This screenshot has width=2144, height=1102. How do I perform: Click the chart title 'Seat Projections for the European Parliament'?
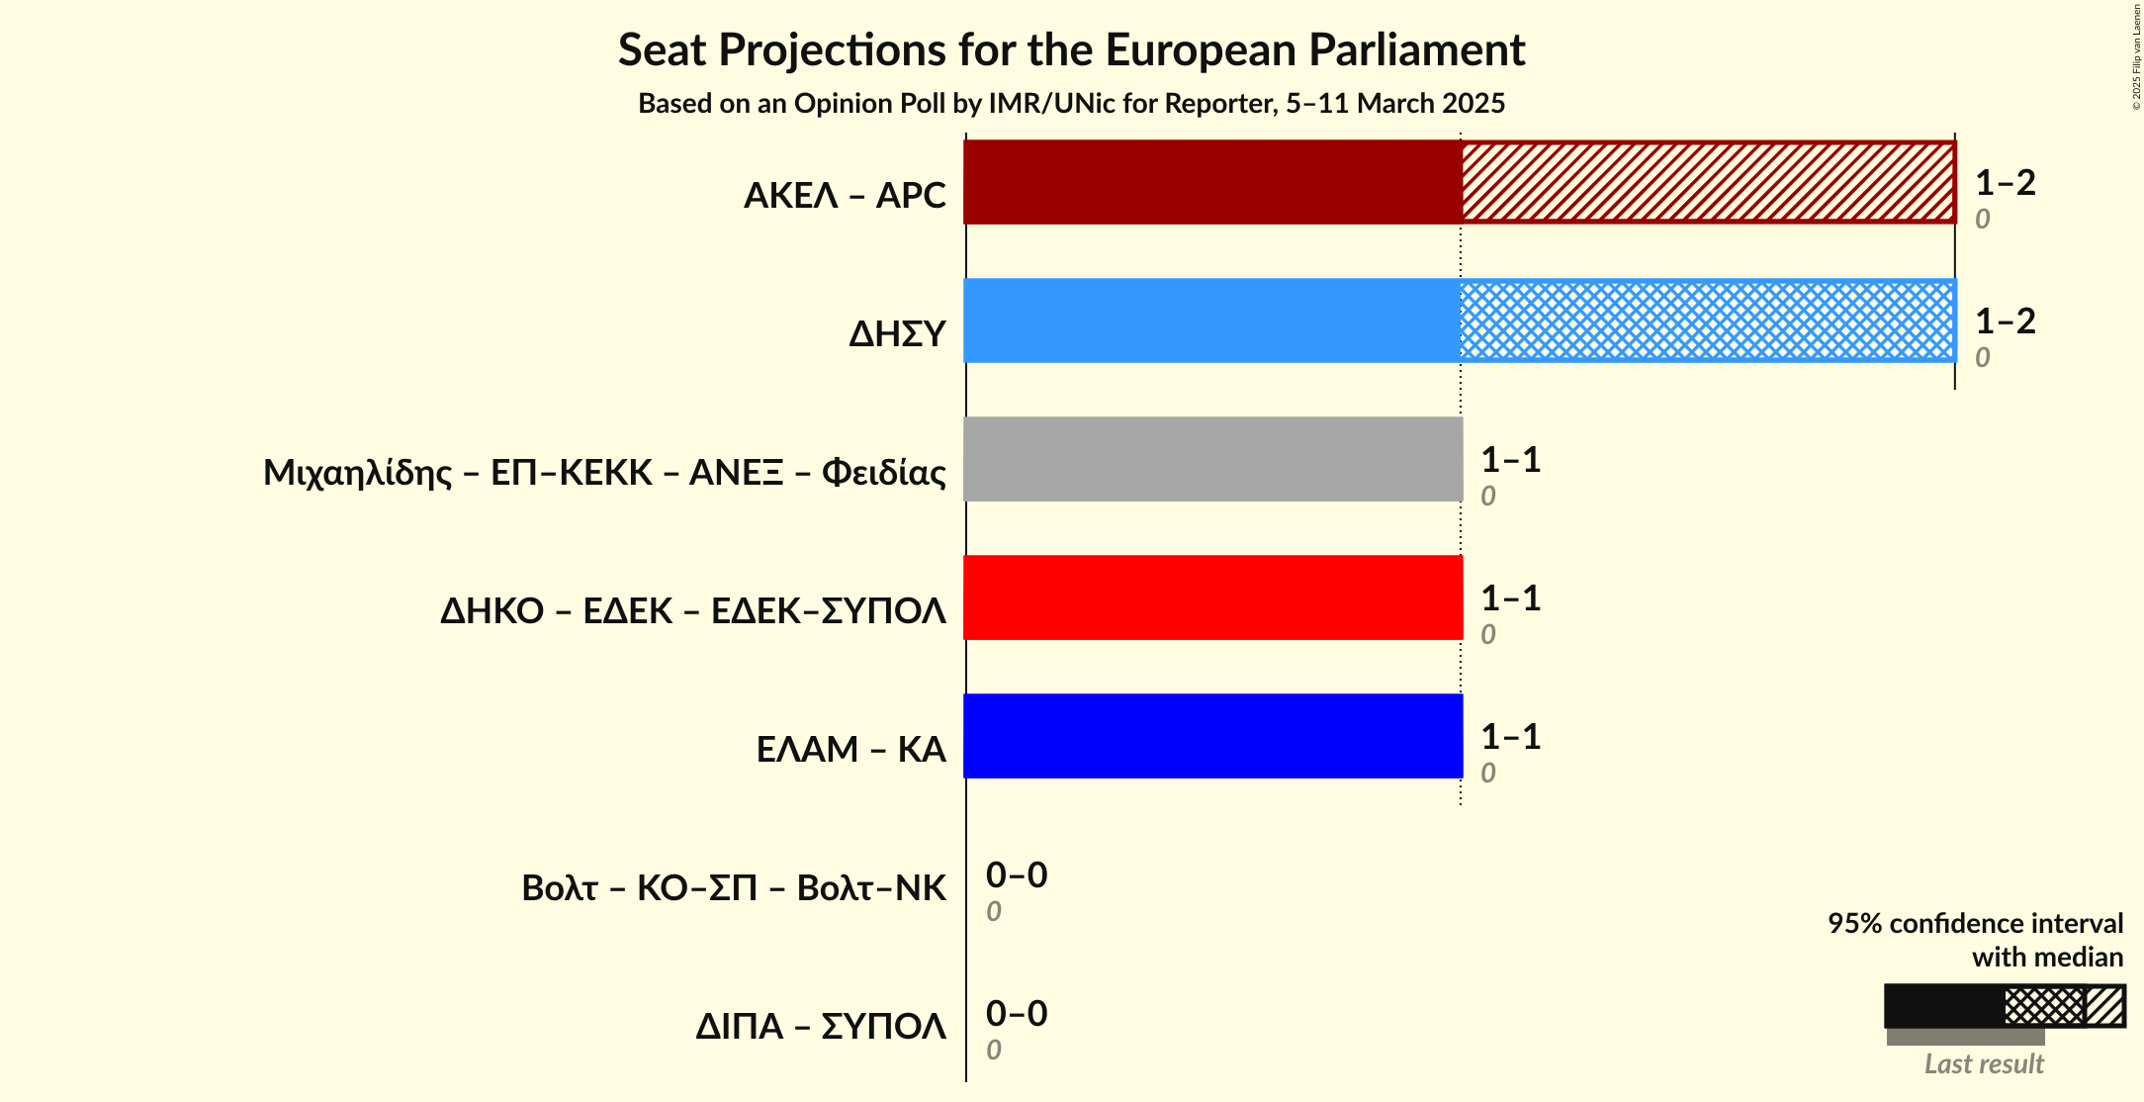[1071, 50]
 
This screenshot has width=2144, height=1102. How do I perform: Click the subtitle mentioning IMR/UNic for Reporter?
[1071, 104]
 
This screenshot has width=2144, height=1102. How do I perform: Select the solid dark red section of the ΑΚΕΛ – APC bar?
[1212, 182]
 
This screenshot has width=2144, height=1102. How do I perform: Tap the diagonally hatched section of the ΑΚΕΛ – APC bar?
[1708, 182]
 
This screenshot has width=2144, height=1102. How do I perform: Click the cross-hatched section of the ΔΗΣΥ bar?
[1708, 321]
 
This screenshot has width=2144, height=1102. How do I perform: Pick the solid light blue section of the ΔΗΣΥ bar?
[1212, 321]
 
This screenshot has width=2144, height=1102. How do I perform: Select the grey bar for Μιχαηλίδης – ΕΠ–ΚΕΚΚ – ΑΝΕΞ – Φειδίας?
[1212, 459]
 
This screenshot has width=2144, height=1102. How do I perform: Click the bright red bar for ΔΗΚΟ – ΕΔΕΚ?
[1212, 597]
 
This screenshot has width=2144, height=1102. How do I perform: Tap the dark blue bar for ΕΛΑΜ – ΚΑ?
[1212, 736]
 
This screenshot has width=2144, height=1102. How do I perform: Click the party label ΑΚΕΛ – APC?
[845, 196]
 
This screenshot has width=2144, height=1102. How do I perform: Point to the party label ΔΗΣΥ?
[897, 334]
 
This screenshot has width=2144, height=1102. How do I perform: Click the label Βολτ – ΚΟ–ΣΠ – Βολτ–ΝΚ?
[733, 888]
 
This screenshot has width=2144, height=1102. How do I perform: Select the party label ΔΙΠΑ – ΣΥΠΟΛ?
[820, 1027]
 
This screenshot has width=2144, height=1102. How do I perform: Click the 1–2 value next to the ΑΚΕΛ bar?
[2005, 183]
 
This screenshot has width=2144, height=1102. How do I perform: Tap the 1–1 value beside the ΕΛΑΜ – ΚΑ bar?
[1510, 737]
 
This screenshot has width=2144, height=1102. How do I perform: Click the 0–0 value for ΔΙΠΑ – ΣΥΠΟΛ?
[1016, 1014]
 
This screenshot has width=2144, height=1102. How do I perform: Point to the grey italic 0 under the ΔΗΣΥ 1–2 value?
[1982, 358]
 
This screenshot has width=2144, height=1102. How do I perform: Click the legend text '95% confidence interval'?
[1975, 924]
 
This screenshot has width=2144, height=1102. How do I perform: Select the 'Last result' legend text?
[1983, 1064]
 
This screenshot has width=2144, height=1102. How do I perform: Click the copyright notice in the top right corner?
[2136, 56]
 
